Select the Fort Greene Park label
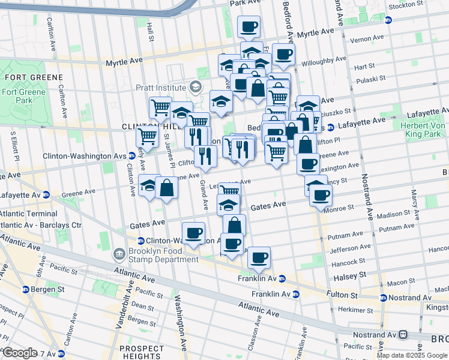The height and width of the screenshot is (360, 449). pyautogui.click(x=17, y=96)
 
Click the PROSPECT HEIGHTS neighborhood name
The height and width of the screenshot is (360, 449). pyautogui.click(x=142, y=353)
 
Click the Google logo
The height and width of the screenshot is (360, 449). pyautogui.click(x=20, y=353)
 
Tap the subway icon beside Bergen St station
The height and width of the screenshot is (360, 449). pyautogui.click(x=26, y=289)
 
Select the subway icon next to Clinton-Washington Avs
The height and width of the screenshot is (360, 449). pyautogui.click(x=131, y=156)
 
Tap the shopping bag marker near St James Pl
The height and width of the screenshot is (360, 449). pyautogui.click(x=166, y=188)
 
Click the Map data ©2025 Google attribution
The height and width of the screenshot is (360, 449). pyautogui.click(x=411, y=355)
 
